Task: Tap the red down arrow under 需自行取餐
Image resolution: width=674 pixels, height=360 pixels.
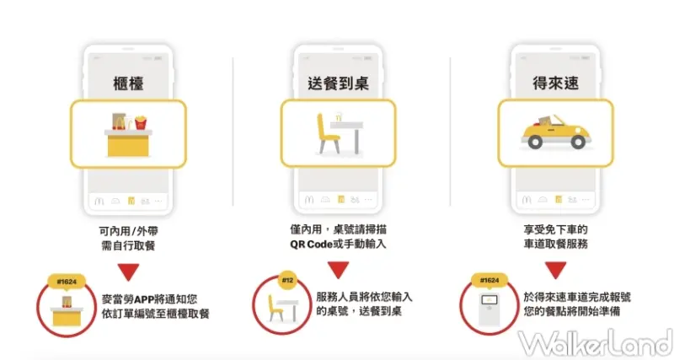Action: [128, 271]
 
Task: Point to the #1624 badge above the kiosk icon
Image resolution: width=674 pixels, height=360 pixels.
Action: [489, 280]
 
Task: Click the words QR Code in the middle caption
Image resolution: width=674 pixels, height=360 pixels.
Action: [312, 244]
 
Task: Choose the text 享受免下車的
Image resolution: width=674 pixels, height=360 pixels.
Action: [554, 228]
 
